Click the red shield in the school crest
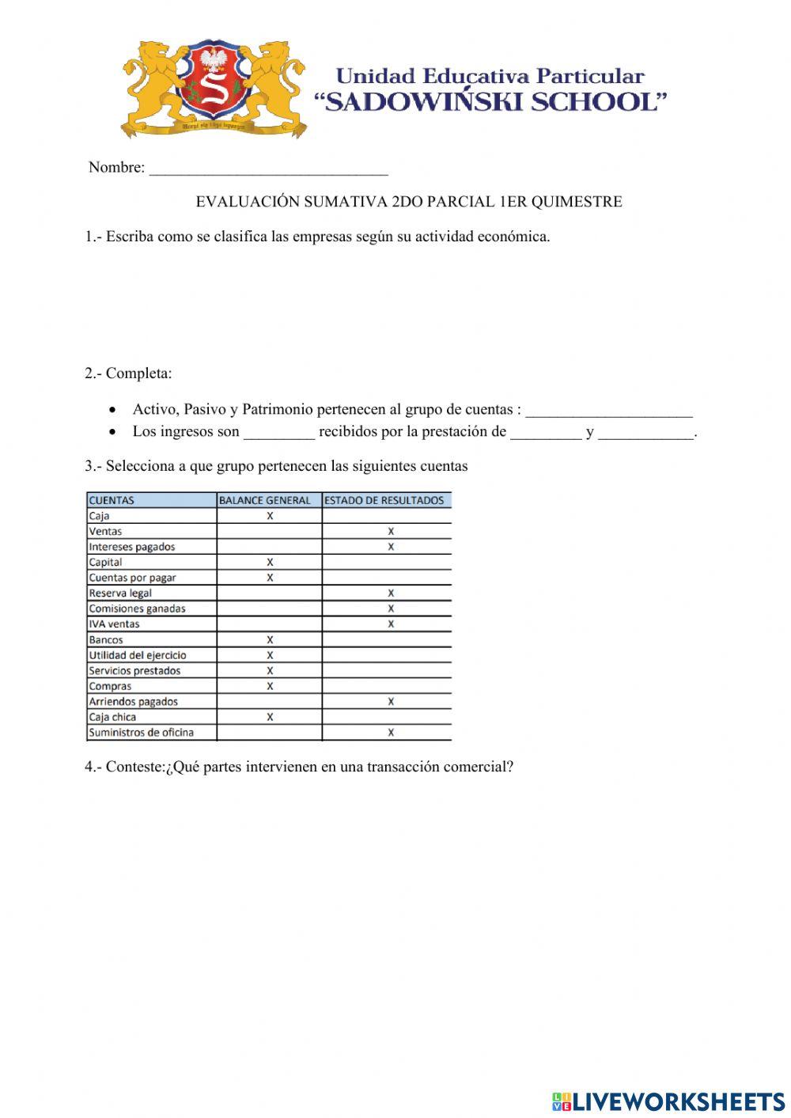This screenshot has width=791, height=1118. pos(214,84)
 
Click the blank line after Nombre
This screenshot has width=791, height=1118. pos(268,169)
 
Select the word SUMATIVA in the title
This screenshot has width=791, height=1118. pos(346,202)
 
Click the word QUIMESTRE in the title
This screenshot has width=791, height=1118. pos(576,202)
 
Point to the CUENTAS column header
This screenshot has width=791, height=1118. pos(112,500)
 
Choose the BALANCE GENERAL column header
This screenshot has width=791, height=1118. pos(265,500)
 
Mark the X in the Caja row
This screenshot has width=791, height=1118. pos(270,516)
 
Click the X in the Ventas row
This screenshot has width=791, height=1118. pos(391,532)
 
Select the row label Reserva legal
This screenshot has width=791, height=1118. pos(120,593)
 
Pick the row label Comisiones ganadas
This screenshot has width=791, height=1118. pos(137,608)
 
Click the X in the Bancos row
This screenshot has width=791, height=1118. pos(270,640)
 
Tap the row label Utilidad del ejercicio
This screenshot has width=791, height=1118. pos(138,655)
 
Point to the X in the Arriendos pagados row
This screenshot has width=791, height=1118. pos(391,702)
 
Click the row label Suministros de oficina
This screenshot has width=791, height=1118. pos(141,733)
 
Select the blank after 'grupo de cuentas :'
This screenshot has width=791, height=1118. pos(608,411)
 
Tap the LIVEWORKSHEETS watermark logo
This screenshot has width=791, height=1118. pos(668,1101)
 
